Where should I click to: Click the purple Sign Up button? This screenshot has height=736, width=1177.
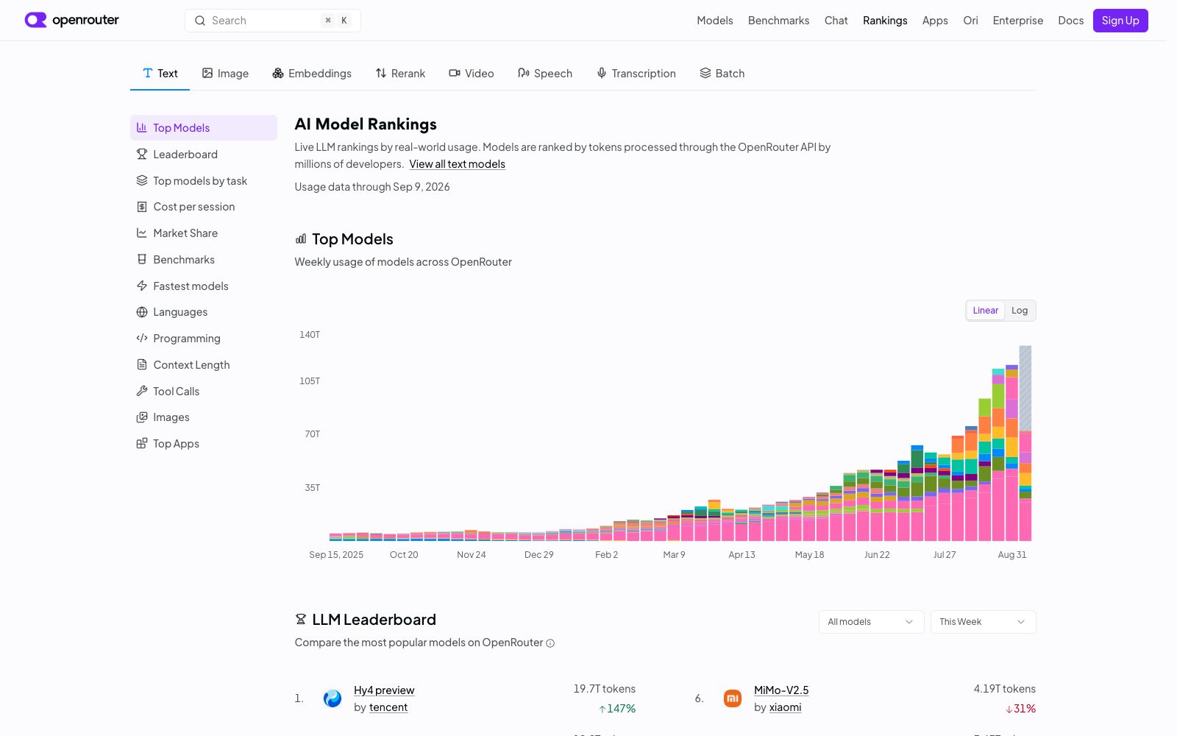tap(1120, 21)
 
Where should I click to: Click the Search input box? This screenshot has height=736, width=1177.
tap(272, 21)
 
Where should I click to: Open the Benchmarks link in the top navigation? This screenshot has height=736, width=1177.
tap(778, 21)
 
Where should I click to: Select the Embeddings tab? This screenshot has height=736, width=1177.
tap(312, 73)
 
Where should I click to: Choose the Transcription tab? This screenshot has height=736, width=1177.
tap(636, 73)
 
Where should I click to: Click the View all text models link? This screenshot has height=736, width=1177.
tap(457, 164)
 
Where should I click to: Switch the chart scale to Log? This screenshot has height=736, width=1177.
tap(1020, 310)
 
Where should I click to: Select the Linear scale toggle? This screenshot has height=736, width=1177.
tap(985, 310)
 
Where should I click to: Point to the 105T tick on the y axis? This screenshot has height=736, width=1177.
tap(310, 381)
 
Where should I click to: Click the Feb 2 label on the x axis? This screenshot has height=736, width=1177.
tap(606, 555)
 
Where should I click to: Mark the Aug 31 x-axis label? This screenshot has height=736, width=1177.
tap(1012, 555)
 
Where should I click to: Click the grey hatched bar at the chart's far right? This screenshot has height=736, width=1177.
tap(1025, 388)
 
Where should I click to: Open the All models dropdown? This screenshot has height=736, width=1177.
tap(871, 622)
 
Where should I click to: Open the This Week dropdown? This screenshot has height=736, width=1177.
tap(983, 622)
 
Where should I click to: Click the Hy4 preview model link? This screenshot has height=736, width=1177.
tap(384, 690)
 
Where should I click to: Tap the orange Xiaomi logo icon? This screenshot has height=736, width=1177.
tap(733, 698)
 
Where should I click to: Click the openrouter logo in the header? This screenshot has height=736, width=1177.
tap(71, 20)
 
